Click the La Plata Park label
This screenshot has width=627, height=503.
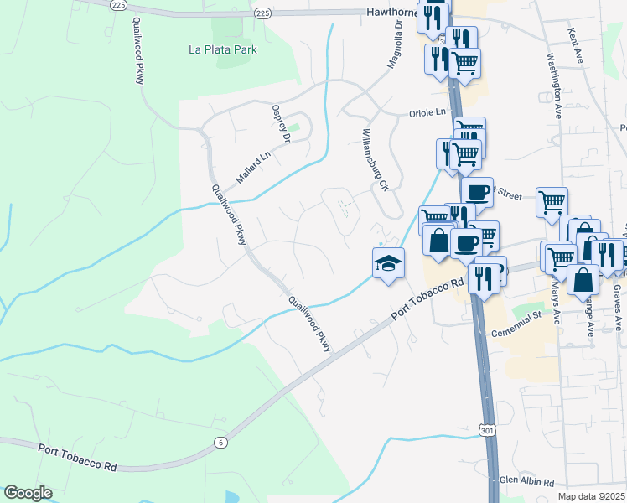[x=222, y=49]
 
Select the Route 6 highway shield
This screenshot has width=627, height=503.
[x=220, y=443]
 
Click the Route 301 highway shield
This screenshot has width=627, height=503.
[x=487, y=429]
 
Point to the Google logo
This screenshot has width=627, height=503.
[x=28, y=493]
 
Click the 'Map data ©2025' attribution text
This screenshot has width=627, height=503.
[x=591, y=496]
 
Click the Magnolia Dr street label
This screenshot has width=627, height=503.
[x=394, y=46]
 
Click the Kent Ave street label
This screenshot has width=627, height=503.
[x=574, y=45]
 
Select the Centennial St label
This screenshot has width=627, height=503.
[x=516, y=316]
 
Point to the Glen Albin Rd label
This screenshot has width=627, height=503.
[x=526, y=482]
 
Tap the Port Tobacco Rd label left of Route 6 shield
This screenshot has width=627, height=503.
[x=76, y=456]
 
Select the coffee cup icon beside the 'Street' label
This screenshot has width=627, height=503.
[x=477, y=192]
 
